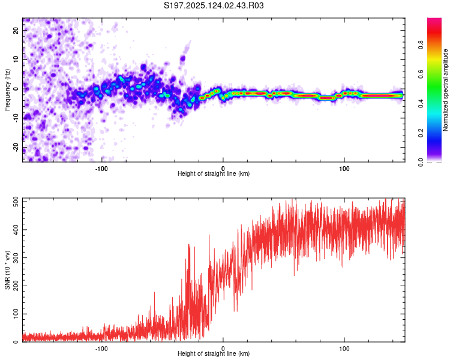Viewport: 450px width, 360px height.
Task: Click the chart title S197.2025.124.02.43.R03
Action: [214, 5]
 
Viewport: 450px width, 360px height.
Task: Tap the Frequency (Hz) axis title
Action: [7, 90]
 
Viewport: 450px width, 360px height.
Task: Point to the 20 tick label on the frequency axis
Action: [16, 30]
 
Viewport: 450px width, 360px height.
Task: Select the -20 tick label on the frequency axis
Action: [16, 148]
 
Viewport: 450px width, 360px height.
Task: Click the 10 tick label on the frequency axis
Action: [16, 59]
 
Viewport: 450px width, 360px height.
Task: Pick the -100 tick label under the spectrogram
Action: [101, 169]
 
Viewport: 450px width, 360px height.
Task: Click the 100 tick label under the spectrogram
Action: [344, 169]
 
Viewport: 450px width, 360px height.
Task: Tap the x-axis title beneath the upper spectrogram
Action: [214, 173]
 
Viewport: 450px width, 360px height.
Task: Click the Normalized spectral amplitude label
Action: [445, 90]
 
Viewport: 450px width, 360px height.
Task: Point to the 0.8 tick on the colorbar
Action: [421, 45]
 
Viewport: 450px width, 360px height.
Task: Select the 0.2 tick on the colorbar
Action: [421, 133]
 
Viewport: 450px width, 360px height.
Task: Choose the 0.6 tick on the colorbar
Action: [421, 74]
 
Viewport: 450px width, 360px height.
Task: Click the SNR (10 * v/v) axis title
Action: [7, 270]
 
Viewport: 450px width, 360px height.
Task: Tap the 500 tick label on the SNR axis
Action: [16, 202]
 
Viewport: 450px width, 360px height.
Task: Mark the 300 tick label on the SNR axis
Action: [16, 258]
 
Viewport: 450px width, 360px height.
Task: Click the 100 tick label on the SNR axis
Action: [16, 314]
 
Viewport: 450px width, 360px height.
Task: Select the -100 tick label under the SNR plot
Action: [101, 349]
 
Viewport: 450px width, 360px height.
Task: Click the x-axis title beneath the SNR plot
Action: [214, 353]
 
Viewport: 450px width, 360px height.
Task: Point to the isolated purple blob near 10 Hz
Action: [182, 59]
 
